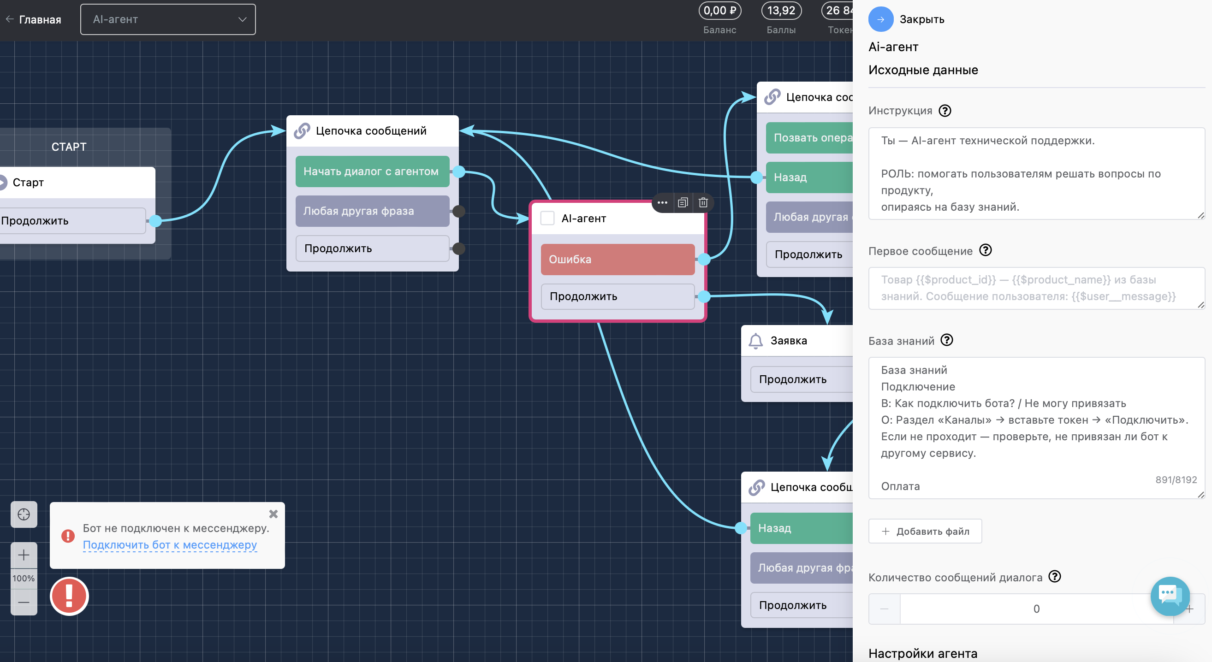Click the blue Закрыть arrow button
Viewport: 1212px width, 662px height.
(880, 19)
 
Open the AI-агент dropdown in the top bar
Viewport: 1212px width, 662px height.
(168, 19)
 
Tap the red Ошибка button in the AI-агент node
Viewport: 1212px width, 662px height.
(617, 259)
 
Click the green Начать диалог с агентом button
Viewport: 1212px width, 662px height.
(372, 171)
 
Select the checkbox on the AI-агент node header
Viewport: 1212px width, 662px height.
(547, 218)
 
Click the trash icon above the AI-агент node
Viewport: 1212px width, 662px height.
(703, 203)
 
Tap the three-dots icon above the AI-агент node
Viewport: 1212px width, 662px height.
(662, 203)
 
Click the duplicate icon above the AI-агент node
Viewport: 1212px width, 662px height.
(683, 203)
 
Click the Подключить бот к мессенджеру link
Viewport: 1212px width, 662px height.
(170, 545)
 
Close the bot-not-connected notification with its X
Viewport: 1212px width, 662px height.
(273, 514)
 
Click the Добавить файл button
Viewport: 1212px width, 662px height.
(925, 531)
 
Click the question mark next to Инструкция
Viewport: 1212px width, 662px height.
(945, 111)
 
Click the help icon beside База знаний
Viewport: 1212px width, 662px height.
(947, 340)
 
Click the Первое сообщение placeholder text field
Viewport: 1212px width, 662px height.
(1036, 288)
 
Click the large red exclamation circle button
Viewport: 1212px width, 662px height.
(69, 596)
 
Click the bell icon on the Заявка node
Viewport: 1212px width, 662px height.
(755, 341)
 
